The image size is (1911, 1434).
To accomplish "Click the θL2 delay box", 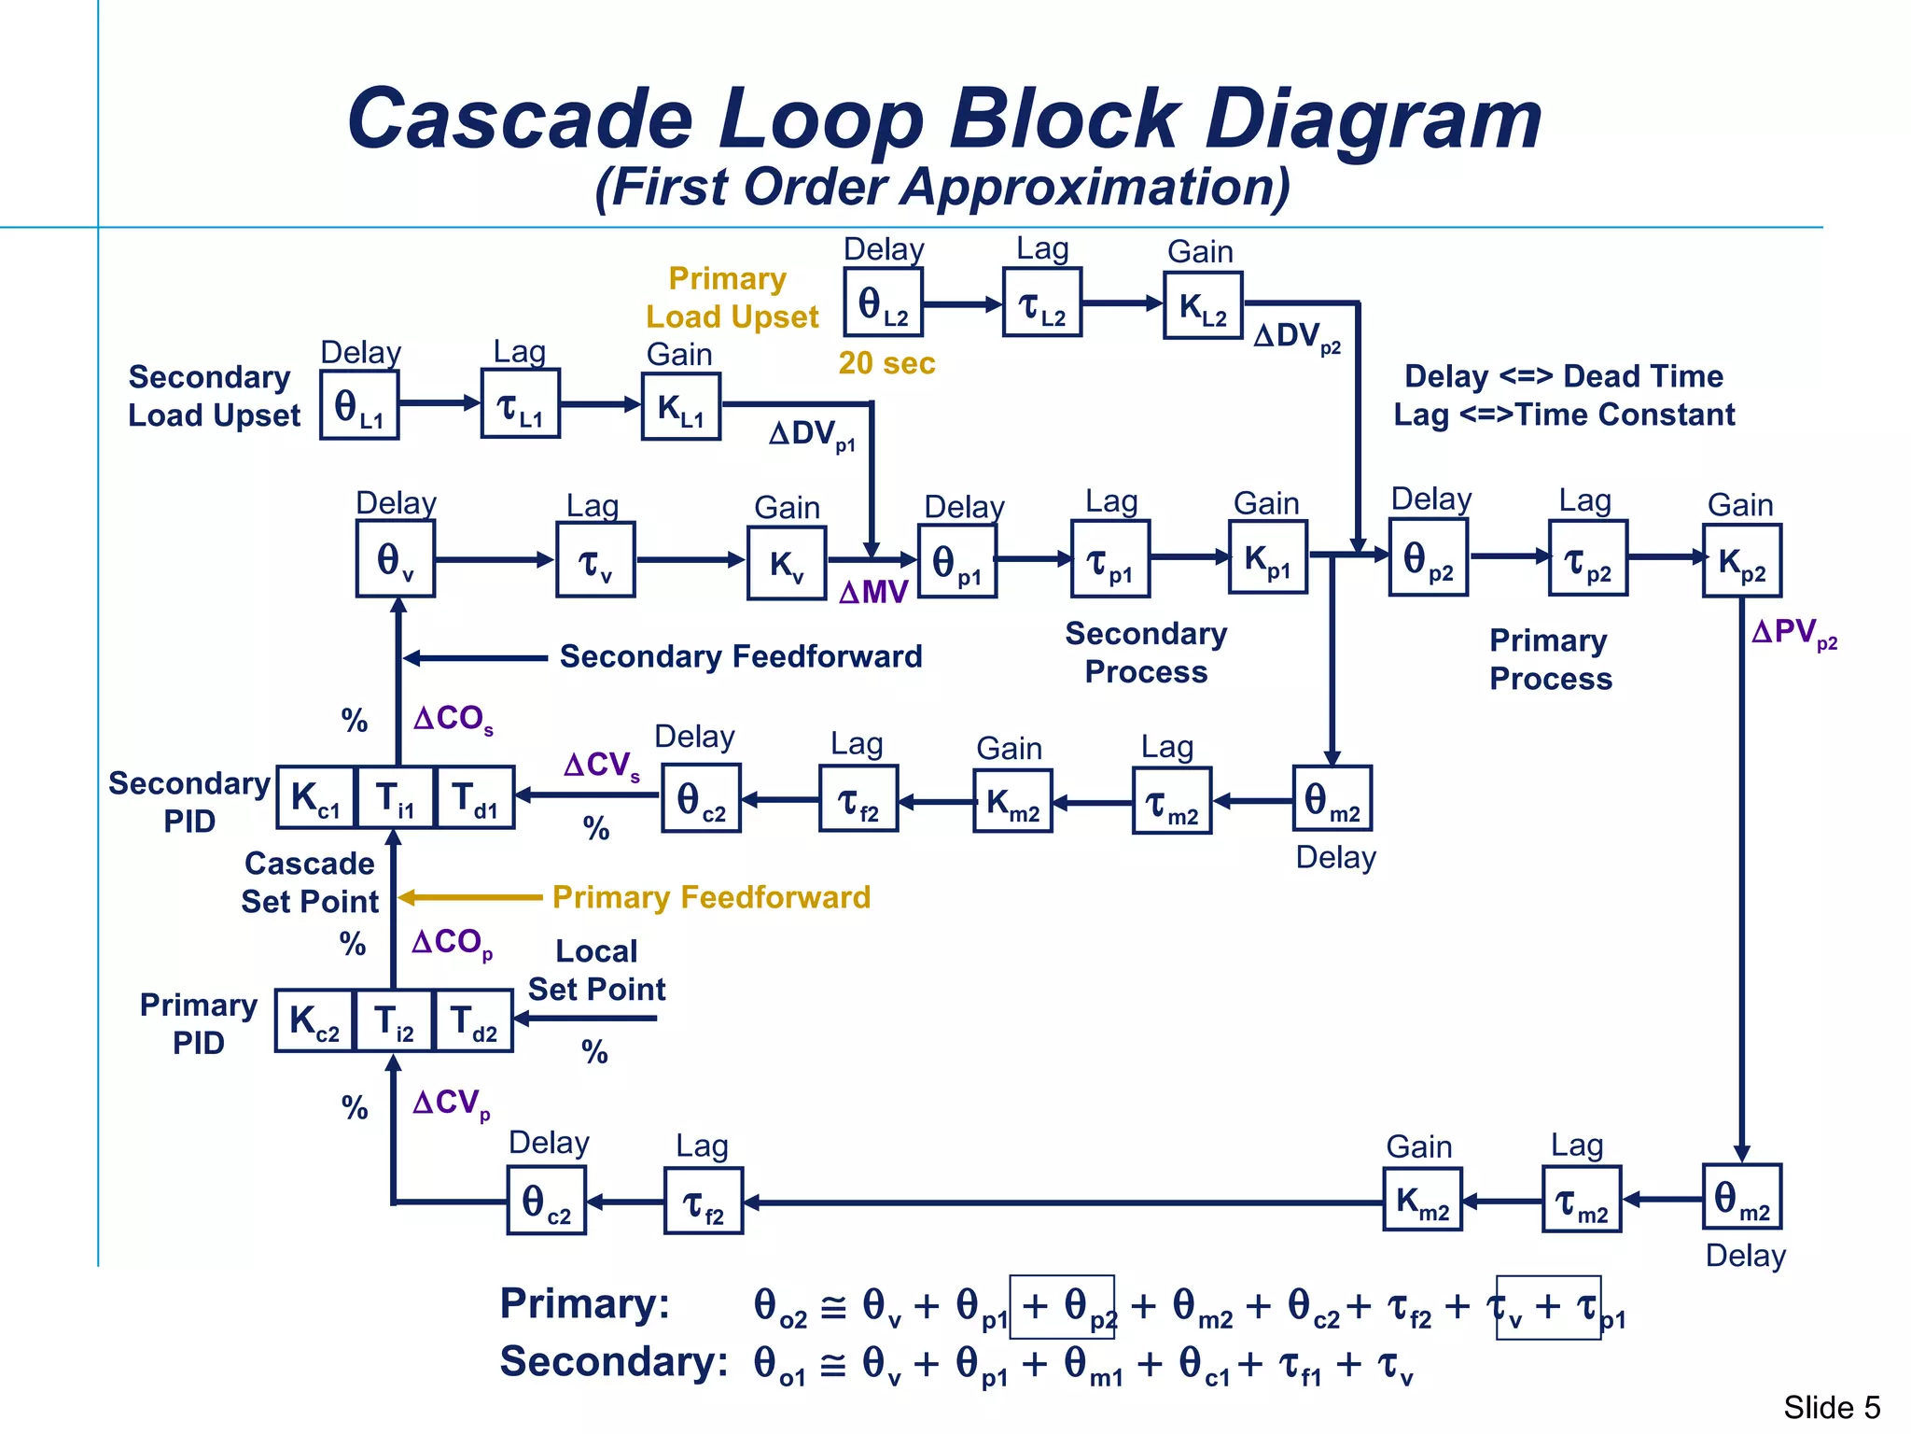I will (883, 302).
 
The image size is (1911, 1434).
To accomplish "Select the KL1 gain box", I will (681, 406).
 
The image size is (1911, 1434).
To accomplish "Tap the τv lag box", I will (595, 560).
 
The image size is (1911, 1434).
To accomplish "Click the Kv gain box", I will (787, 563).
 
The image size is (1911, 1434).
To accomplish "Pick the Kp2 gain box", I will (1741, 560).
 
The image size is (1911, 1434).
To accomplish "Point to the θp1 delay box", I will (957, 561).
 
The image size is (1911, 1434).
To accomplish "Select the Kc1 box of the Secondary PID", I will (316, 798).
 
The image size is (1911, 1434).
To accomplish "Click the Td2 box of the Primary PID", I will (474, 1021).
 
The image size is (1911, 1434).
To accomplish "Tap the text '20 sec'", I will (886, 363).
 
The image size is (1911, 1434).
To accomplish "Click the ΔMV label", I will (873, 593).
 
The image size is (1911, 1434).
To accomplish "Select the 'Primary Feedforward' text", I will (711, 897).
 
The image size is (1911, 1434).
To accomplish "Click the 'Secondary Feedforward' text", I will (740, 656).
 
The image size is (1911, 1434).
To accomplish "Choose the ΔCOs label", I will (453, 719).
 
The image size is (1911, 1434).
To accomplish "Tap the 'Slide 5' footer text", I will (1831, 1407).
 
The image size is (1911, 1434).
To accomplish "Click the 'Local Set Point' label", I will (596, 970).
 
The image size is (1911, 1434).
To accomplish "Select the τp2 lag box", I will (1588, 558).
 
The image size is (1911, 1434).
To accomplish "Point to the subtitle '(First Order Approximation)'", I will (942, 187).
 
